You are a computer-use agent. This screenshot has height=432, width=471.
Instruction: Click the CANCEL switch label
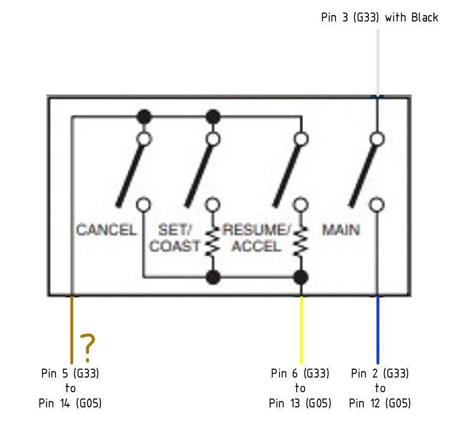point(106,230)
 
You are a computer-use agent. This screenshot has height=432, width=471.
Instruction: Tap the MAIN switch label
point(341,230)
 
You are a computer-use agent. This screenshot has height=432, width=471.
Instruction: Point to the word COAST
point(174,246)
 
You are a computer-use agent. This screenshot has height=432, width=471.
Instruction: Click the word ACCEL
point(256,246)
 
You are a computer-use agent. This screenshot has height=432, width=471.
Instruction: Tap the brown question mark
point(87,348)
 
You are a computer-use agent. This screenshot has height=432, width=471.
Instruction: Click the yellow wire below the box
point(301,330)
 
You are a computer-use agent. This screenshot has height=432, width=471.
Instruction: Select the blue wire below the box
point(377,330)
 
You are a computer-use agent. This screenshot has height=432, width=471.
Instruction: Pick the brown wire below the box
point(72,330)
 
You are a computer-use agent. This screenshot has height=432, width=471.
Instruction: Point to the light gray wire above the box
point(377,62)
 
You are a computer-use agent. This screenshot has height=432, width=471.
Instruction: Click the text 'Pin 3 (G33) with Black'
point(379,17)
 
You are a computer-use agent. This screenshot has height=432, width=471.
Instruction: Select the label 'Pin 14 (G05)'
point(70,403)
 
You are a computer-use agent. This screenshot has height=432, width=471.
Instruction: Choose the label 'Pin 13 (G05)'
point(300,403)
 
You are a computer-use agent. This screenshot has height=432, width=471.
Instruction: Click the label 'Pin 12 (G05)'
point(380,403)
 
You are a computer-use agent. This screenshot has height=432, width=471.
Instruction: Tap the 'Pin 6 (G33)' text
point(300,373)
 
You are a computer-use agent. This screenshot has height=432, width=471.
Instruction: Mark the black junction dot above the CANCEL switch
point(144,117)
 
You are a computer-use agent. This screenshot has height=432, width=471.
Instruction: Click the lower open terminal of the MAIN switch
point(377,205)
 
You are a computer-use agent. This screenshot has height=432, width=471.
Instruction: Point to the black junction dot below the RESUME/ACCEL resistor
point(301,277)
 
